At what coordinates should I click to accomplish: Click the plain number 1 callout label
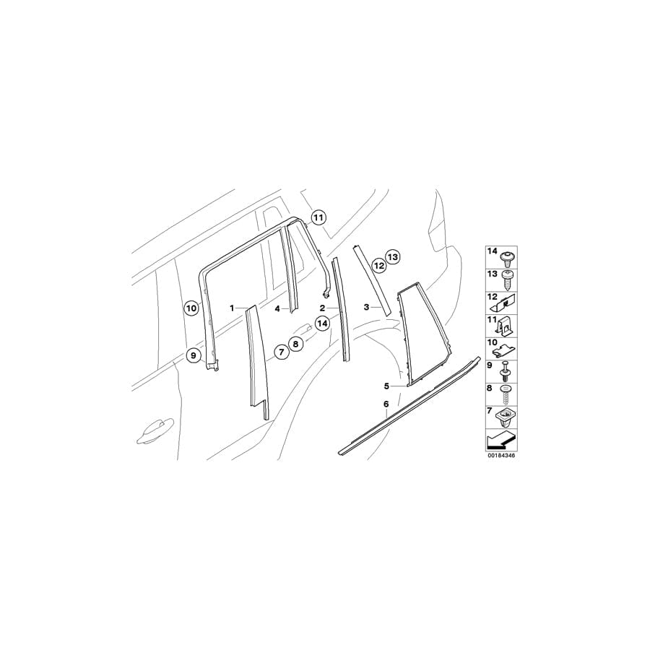[232, 308]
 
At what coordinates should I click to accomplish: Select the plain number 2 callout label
[322, 308]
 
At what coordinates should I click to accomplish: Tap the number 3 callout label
[366, 307]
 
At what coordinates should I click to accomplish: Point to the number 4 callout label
[277, 308]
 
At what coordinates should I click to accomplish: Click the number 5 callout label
[386, 386]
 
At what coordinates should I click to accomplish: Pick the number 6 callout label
[386, 404]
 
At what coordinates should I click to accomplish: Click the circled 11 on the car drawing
[318, 217]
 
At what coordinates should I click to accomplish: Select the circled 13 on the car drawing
[393, 257]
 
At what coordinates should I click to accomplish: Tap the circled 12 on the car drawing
[378, 264]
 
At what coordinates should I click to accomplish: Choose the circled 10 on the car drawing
[191, 308]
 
